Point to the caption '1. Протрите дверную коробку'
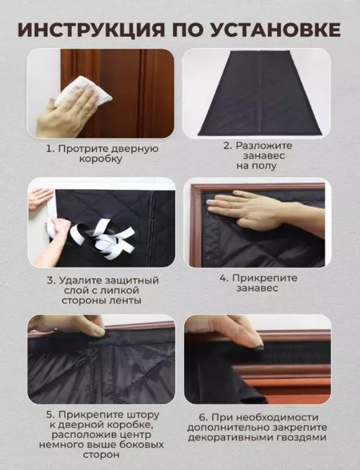[102, 153]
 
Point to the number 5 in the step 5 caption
[49, 414]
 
